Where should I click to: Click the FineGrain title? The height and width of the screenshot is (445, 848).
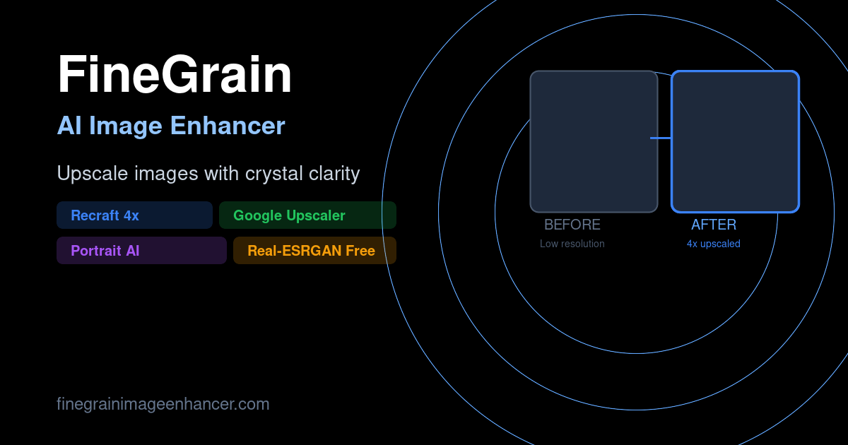point(175,74)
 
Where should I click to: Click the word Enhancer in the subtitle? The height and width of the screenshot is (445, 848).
point(228,126)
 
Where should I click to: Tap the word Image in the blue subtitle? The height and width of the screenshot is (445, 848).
point(126,126)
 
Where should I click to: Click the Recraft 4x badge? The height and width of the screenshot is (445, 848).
point(134,215)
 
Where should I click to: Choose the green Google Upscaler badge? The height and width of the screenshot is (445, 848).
point(307,215)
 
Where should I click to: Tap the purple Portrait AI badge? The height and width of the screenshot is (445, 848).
point(141,251)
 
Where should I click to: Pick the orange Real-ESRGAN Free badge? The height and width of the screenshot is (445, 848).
point(314,251)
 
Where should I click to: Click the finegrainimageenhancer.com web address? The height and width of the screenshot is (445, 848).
point(163,404)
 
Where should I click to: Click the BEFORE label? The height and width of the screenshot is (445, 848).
point(572,225)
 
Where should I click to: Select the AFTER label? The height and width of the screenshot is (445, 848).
point(714,225)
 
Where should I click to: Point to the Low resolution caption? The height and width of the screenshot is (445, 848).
point(572,244)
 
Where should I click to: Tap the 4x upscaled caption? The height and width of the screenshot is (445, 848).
point(714,244)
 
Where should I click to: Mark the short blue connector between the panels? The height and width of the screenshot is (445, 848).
point(661,138)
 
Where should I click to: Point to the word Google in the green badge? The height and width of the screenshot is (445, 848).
point(258,215)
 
